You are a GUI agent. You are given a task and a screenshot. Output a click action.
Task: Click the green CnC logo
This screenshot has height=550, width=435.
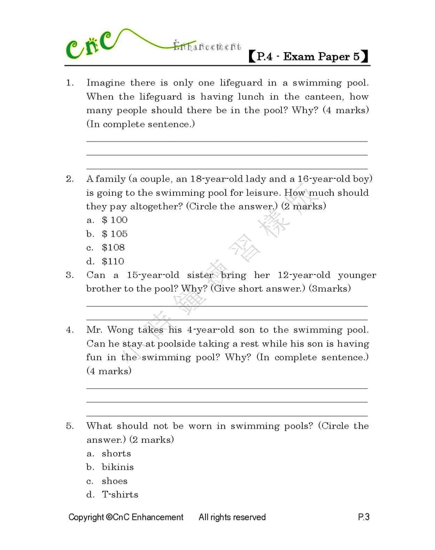click(90, 45)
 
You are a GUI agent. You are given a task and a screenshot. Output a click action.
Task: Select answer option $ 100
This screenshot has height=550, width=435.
click(114, 220)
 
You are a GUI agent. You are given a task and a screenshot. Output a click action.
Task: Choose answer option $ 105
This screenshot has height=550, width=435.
click(114, 234)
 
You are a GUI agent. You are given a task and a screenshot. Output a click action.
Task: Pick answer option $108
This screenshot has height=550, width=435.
click(113, 248)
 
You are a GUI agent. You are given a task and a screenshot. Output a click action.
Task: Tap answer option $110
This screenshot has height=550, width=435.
click(113, 261)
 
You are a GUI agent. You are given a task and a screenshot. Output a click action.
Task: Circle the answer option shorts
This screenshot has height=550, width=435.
click(116, 453)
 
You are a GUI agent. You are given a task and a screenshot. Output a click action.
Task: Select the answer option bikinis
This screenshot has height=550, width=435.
click(117, 467)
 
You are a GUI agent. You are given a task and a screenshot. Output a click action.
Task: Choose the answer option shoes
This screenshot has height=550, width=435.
click(114, 481)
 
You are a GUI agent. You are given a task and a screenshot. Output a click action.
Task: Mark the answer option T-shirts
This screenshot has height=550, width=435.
click(120, 495)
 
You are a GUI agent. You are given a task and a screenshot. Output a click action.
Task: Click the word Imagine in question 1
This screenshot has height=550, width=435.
click(105, 83)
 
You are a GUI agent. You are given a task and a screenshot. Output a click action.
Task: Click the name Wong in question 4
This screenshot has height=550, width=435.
click(120, 330)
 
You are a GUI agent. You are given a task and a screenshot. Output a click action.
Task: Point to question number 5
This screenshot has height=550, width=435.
click(70, 426)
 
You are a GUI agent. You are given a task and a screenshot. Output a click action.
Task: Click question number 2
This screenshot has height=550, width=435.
click(70, 179)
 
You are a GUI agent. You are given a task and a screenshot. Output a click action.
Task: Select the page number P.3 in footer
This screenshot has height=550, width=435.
click(364, 517)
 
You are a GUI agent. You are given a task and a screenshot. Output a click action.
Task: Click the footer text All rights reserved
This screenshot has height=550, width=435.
click(232, 517)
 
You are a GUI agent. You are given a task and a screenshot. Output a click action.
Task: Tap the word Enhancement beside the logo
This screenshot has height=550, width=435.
click(207, 47)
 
